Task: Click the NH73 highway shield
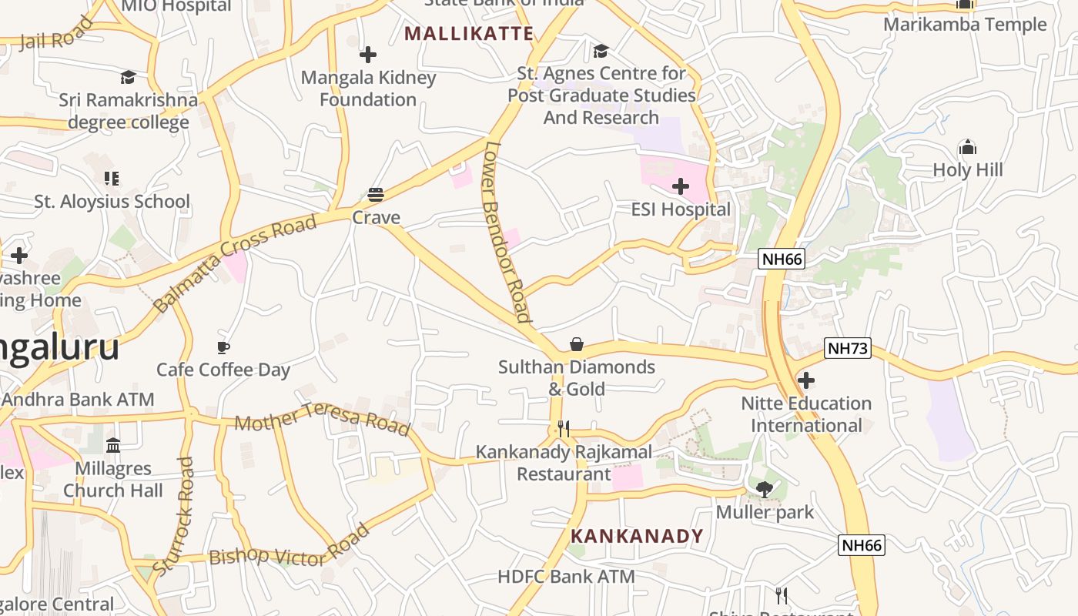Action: pyautogui.click(x=847, y=349)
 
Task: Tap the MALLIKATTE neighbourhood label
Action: pyautogui.click(x=469, y=33)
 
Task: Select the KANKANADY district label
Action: pyautogui.click(x=637, y=536)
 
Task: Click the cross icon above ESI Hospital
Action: pyautogui.click(x=681, y=186)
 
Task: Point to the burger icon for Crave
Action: pyautogui.click(x=376, y=195)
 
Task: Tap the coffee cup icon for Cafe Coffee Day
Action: pyautogui.click(x=223, y=347)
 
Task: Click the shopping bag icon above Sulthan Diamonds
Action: pyautogui.click(x=576, y=344)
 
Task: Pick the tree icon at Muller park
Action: pyautogui.click(x=764, y=489)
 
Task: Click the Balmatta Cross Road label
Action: pyautogui.click(x=235, y=263)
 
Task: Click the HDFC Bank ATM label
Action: pyautogui.click(x=566, y=576)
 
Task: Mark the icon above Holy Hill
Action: pyautogui.click(x=967, y=148)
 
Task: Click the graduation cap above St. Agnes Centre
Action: pyautogui.click(x=601, y=52)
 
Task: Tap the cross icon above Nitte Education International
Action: pyautogui.click(x=806, y=380)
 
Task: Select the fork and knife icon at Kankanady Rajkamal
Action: pyautogui.click(x=564, y=429)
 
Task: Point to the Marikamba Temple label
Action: pyautogui.click(x=965, y=25)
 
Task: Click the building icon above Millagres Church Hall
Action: pyautogui.click(x=113, y=445)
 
